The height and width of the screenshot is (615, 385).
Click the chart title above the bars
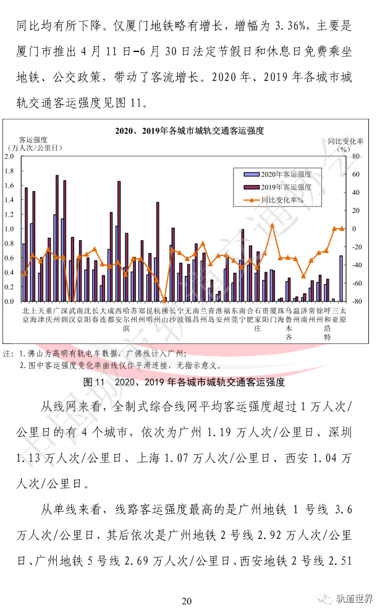pos(190,131)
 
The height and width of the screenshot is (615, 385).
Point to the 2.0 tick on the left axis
pos(9,156)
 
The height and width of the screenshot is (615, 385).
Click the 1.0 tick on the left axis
pos(9,229)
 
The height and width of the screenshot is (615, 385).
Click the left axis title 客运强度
pos(33,140)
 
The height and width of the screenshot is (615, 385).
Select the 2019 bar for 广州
pos(57,238)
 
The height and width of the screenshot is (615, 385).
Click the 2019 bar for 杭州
pos(158,252)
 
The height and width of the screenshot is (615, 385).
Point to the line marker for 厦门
pos(272,225)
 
